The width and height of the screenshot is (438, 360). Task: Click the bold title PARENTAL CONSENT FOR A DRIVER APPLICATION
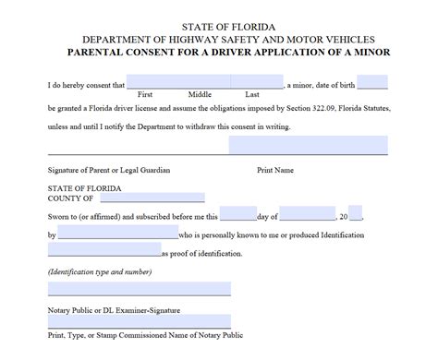point(220,52)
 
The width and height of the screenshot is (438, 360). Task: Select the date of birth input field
point(373,82)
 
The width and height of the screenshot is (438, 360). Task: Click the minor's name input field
point(211,82)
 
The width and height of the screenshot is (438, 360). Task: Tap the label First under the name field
point(145,94)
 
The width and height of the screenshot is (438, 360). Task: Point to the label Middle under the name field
point(200,94)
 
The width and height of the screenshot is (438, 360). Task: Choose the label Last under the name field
point(252,94)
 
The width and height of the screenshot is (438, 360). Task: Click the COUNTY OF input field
point(152,197)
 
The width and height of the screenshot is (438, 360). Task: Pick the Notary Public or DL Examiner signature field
point(139,289)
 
